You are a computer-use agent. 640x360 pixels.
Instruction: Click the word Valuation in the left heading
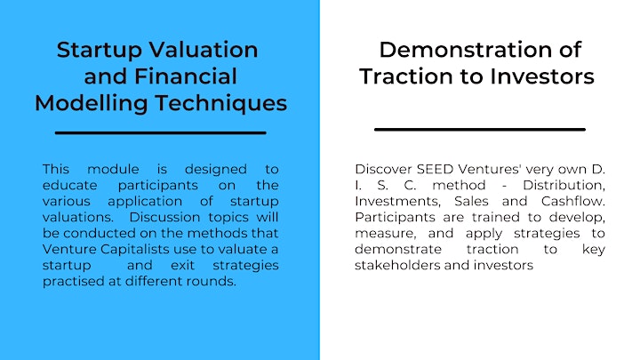[204, 50]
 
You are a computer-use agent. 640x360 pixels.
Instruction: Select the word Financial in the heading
[185, 76]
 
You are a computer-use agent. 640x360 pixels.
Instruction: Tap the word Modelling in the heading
[91, 104]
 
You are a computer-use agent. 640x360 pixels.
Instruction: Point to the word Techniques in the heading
[221, 104]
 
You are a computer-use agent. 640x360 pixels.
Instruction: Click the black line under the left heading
[160, 132]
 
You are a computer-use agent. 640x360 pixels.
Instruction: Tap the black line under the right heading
[480, 130]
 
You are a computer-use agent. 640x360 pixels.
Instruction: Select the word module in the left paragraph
[113, 169]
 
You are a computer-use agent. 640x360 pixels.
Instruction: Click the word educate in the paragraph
[70, 185]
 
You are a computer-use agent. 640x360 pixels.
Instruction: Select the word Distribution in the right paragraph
[564, 185]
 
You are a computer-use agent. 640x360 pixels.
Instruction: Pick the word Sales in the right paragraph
[471, 201]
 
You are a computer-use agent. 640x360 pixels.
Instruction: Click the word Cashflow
[573, 201]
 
